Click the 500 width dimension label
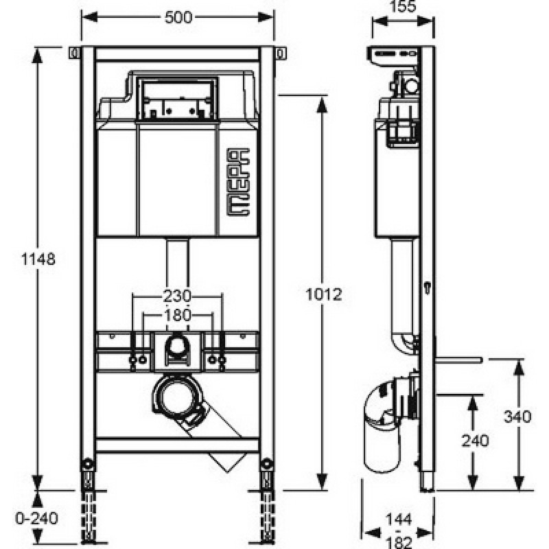178,18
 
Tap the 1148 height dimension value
38,259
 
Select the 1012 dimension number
324,294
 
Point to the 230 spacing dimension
177,296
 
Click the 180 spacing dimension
178,315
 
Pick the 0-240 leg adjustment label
37,518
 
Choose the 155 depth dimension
402,6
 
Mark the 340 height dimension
517,417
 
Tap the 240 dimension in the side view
475,441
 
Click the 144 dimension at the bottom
399,519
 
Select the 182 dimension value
400,542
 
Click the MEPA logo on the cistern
239,182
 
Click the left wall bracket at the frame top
74,54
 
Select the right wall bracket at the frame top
280,54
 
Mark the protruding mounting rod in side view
458,360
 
